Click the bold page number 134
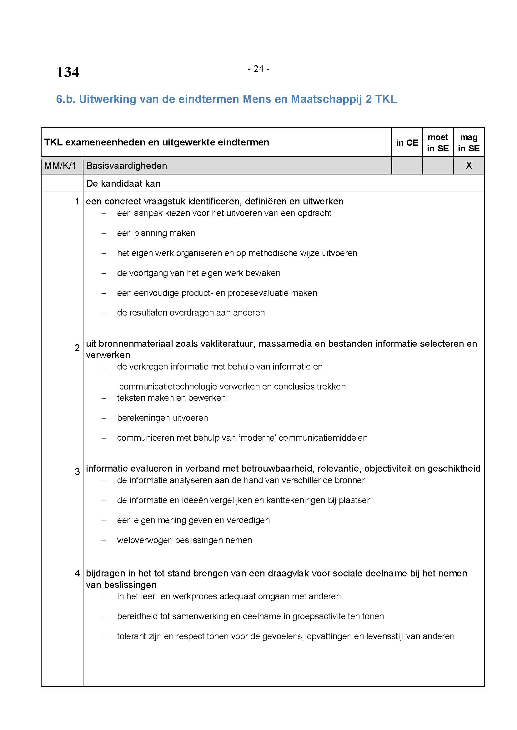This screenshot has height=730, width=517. (68, 72)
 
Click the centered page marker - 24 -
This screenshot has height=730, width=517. (258, 69)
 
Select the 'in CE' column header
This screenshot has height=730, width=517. (407, 143)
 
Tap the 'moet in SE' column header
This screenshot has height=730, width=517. (438, 143)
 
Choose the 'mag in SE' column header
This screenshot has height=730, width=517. (469, 143)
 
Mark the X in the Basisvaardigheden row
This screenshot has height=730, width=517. (469, 165)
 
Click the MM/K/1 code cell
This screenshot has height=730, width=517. (61, 166)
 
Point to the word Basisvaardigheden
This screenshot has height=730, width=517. (126, 166)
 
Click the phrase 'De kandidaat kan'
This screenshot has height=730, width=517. (123, 184)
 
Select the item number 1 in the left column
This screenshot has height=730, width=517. (77, 201)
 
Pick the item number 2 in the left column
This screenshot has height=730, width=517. (77, 348)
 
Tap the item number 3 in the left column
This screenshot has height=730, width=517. (77, 472)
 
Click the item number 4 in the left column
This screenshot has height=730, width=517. (77, 573)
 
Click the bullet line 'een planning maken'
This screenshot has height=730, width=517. (156, 233)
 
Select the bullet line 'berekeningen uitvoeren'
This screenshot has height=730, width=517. (162, 418)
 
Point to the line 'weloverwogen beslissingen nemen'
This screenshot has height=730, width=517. (184, 540)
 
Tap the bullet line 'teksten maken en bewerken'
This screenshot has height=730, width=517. (171, 398)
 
